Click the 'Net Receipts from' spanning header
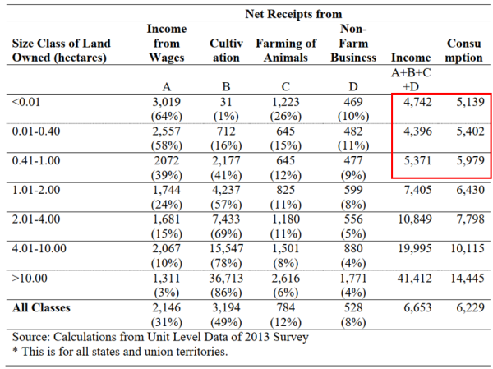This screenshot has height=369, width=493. tap(293, 14)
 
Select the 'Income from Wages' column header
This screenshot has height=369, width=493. tap(167, 43)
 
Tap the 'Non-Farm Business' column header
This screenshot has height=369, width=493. tap(353, 43)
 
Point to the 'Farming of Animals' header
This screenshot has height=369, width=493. tap(286, 50)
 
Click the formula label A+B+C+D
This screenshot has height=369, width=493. tap(411, 80)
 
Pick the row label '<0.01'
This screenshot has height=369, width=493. tap(26, 102)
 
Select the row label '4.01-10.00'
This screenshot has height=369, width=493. tap(39, 248)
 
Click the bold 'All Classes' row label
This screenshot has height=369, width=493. tap(41, 307)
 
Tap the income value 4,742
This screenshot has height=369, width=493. tap(417, 102)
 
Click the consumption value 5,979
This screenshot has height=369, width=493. tap(470, 161)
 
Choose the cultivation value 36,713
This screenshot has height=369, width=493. tap(226, 278)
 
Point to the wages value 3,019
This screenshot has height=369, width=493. tap(167, 102)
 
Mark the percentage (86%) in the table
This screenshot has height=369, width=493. tap(226, 293)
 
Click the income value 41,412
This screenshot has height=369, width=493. tap(414, 278)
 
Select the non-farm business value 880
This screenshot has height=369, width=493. tap(353, 248)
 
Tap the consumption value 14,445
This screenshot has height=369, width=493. tap(468, 278)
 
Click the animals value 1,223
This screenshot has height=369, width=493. tap(286, 102)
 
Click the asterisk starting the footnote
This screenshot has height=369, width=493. tap(15, 350)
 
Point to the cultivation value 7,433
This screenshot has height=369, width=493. tap(226, 219)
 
